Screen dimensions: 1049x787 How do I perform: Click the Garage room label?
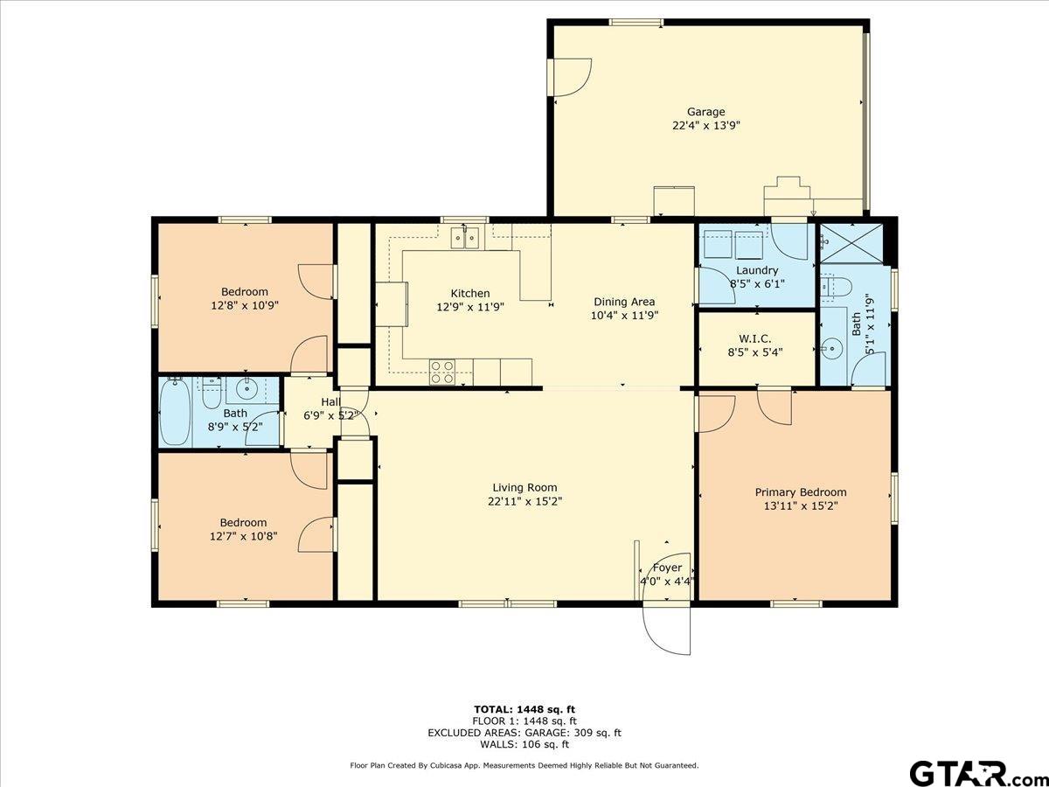point(705,112)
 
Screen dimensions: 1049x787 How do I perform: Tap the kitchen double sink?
point(465,238)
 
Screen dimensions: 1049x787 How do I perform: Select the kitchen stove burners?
point(442,373)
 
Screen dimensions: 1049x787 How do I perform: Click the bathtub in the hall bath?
point(175,413)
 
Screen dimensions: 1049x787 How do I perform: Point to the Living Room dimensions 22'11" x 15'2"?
point(524,501)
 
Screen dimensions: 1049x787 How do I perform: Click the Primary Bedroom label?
point(801,492)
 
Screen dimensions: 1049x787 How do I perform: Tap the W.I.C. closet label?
point(755,338)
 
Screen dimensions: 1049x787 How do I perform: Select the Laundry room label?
point(757,270)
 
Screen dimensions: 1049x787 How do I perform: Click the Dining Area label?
point(624,302)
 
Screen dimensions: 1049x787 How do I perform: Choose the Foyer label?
point(667,568)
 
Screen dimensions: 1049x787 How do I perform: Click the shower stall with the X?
point(851,243)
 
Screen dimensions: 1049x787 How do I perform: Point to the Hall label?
point(330,402)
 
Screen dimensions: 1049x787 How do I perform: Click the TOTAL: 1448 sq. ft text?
point(524,709)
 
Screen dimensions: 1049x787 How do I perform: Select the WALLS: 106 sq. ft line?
point(524,744)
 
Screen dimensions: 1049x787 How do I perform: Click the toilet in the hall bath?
point(212,393)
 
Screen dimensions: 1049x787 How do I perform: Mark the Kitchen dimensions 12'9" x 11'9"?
point(470,307)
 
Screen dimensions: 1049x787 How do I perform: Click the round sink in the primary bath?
point(833,348)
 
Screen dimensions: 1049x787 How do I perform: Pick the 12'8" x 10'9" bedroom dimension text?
point(245,305)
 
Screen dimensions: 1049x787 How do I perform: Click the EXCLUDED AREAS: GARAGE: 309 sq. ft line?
point(524,733)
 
